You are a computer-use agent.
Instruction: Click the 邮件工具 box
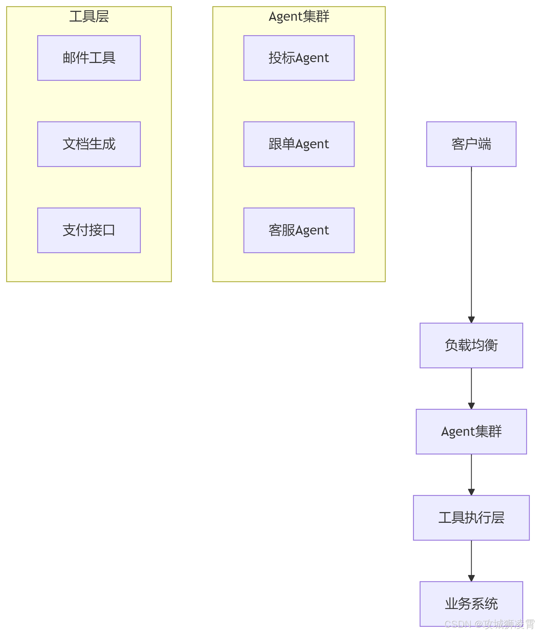coord(89,58)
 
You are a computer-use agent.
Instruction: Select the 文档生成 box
coord(89,144)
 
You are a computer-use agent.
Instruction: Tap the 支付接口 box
coord(89,230)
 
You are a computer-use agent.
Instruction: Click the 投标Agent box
coord(299,58)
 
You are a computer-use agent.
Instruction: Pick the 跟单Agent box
coord(299,144)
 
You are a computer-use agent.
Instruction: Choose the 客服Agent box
coord(299,230)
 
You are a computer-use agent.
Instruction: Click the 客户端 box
coord(471,144)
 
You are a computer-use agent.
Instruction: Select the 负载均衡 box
coord(471,345)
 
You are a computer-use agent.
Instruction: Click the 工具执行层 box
coord(471,518)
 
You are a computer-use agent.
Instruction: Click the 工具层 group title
coord(89,16)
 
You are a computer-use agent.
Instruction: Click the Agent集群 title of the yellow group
coord(299,16)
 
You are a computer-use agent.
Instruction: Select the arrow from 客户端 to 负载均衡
coord(471,243)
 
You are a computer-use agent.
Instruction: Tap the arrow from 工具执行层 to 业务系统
coord(471,558)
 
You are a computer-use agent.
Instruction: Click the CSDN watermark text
coord(489,624)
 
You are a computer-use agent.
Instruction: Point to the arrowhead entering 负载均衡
coord(471,320)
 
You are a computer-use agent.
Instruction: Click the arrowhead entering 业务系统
coord(471,578)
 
